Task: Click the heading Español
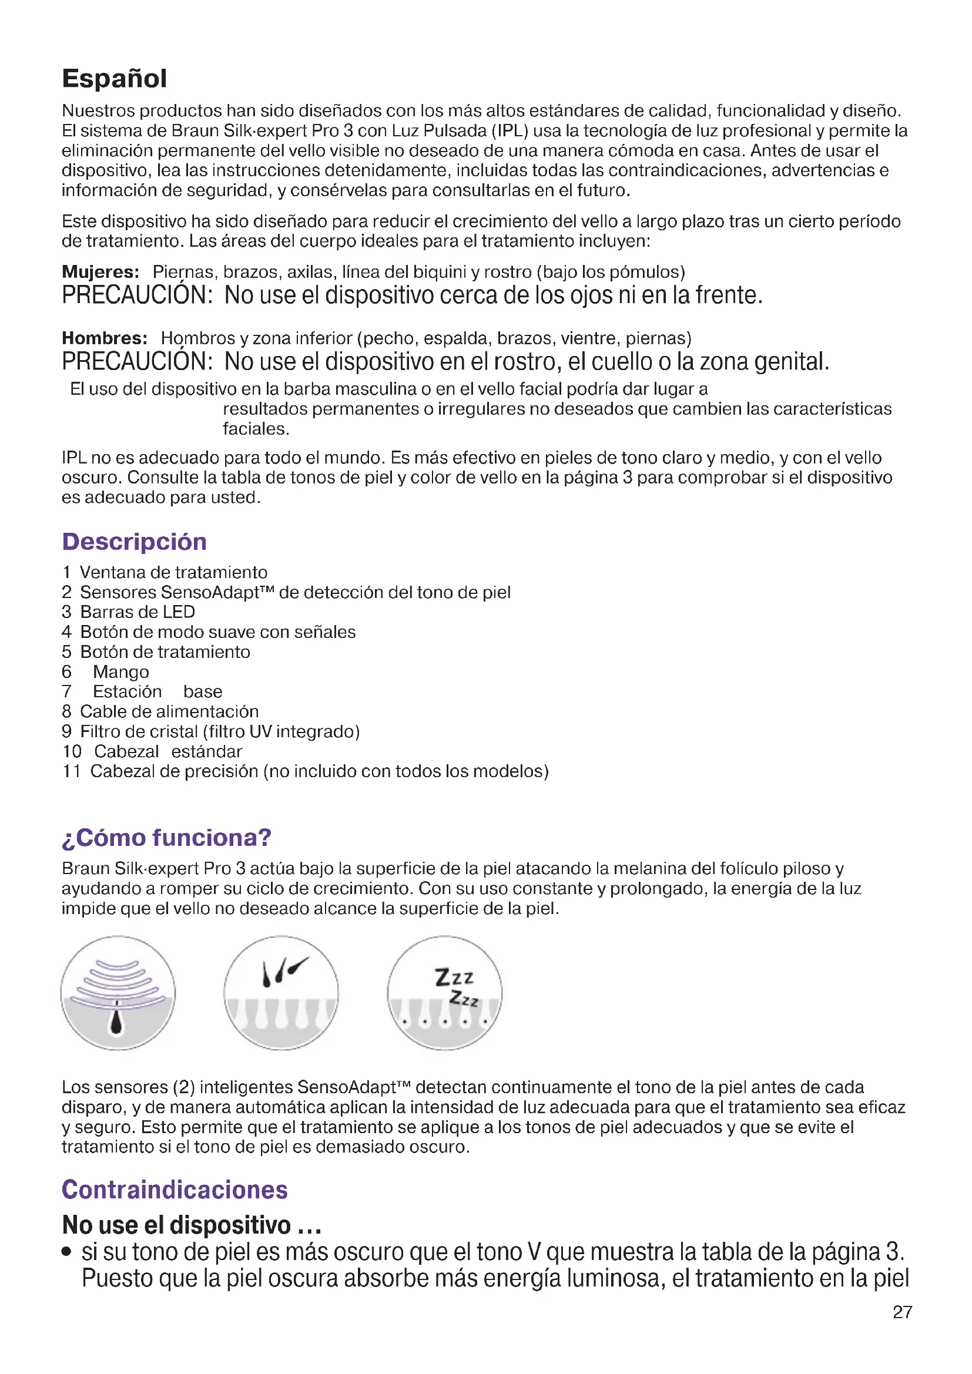[x=115, y=79]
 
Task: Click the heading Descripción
[x=134, y=542]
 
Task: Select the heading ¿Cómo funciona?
[x=166, y=838]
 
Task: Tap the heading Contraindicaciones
[x=175, y=1190]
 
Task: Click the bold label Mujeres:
[x=100, y=273]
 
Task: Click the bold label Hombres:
[x=105, y=339]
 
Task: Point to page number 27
[x=902, y=1312]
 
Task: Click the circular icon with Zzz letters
[x=445, y=993]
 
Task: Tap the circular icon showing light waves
[x=118, y=993]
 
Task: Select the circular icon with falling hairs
[x=281, y=993]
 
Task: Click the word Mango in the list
[x=121, y=672]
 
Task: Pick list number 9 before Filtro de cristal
[x=66, y=731]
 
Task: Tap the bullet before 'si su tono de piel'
[x=67, y=1252]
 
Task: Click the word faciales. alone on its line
[x=256, y=429]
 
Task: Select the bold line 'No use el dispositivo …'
[x=192, y=1225]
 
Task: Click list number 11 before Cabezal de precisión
[x=72, y=771]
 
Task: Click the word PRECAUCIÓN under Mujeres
[x=137, y=295]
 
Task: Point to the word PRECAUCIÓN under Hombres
[x=137, y=362]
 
